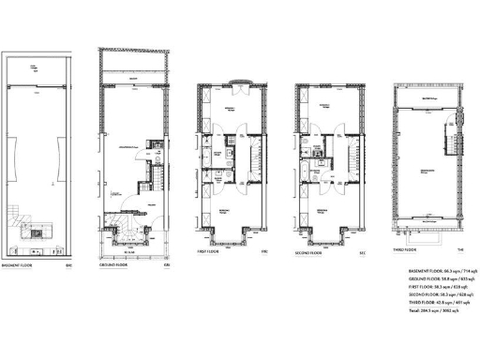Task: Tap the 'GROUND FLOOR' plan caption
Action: (x=114, y=265)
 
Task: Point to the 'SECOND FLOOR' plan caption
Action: (x=310, y=251)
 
